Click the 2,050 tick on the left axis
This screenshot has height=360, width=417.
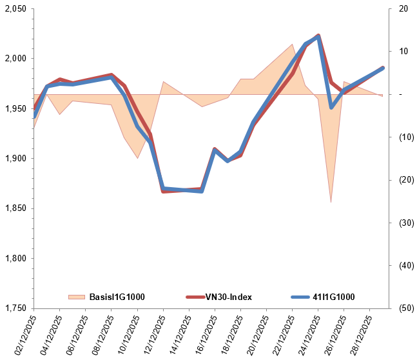[x=15, y=9]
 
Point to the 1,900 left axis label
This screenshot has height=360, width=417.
[x=15, y=159]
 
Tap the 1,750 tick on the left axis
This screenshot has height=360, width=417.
[x=15, y=308]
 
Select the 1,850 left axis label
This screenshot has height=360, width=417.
[x=15, y=208]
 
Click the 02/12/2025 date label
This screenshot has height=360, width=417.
[x=21, y=333]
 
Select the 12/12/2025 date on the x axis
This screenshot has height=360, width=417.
[x=150, y=333]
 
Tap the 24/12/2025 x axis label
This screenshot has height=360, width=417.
[x=305, y=333]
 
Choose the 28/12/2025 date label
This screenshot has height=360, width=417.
[x=356, y=333]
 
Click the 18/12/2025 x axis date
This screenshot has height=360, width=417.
[x=228, y=333]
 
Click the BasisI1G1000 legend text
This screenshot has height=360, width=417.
[x=117, y=297]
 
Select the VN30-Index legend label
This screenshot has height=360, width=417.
[x=228, y=297]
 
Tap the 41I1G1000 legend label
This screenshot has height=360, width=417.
[x=333, y=297]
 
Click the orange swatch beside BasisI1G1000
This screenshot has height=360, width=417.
[x=76, y=297]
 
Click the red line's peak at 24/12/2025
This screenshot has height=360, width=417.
[x=318, y=35]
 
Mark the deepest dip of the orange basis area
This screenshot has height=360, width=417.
[x=331, y=202]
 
